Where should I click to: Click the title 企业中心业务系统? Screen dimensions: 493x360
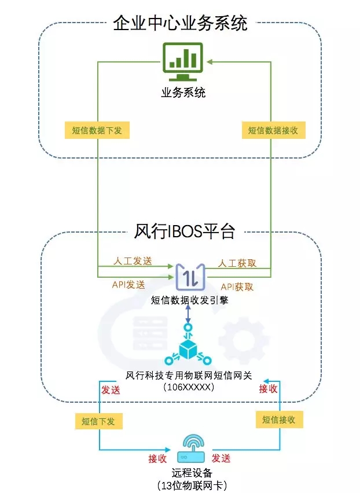point(180,23)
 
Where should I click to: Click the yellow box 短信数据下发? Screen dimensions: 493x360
point(97,130)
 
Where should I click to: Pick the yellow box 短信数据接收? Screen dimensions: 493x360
point(273,130)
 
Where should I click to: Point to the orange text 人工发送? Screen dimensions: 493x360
point(134,261)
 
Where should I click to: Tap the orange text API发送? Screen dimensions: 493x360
point(128,285)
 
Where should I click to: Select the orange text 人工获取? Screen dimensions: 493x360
point(237,263)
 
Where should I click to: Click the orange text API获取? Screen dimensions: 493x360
point(237,286)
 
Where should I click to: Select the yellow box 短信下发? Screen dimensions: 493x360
point(94,421)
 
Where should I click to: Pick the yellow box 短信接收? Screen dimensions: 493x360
point(278,420)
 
